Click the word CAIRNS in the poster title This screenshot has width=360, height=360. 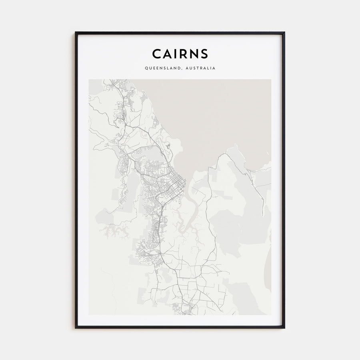click(180, 54)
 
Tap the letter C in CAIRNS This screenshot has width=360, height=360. click(156, 54)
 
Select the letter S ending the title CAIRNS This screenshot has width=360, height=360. click(204, 54)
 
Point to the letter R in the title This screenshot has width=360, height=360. click(183, 54)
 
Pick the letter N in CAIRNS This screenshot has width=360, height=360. click(194, 54)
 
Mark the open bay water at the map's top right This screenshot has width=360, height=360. click(224, 112)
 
